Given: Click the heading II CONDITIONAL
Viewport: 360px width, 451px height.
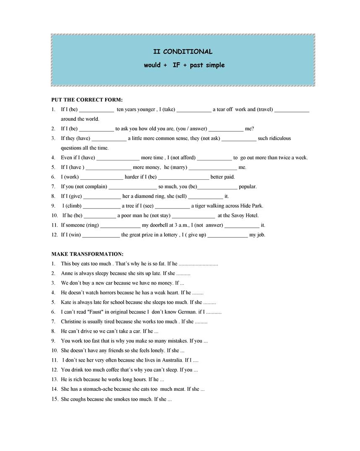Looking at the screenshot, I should click(x=183, y=52).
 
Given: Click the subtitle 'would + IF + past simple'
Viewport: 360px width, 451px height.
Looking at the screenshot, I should click(x=184, y=65).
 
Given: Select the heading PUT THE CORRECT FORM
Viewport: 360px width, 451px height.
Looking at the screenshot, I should click(x=87, y=100).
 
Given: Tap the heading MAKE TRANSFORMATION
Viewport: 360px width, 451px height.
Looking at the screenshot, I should click(x=87, y=254).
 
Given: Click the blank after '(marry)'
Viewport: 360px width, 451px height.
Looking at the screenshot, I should click(x=213, y=168).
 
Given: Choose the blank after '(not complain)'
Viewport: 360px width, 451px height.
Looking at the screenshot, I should click(x=132, y=187).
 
